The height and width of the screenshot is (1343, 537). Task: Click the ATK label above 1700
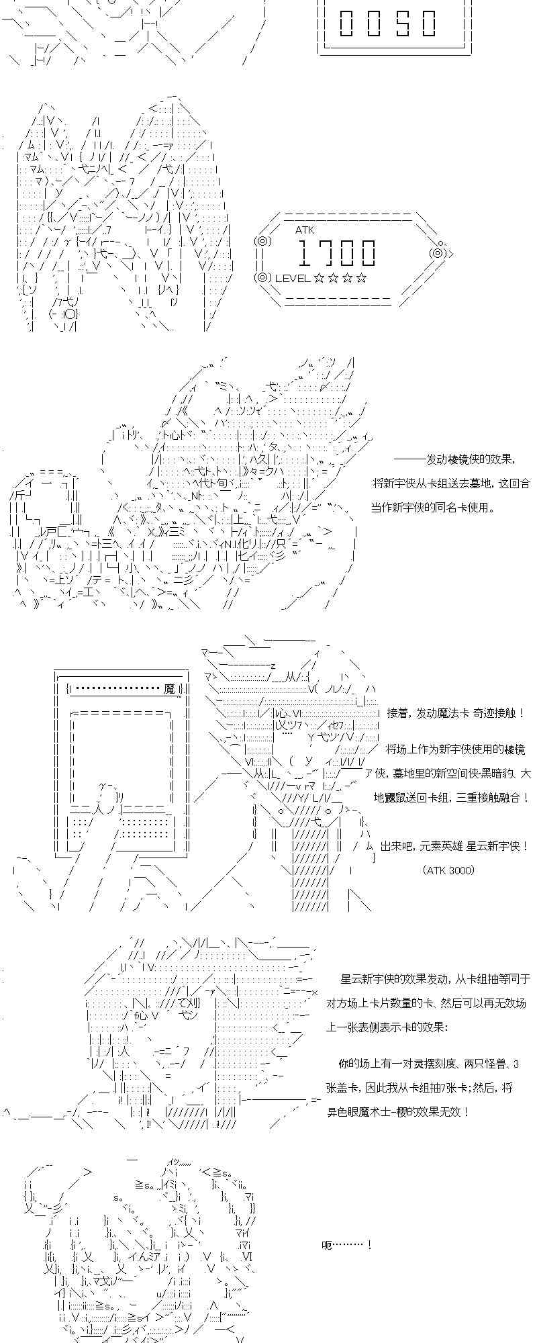point(304,230)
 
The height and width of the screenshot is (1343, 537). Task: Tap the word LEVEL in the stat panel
point(292,278)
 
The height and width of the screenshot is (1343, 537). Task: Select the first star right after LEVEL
point(319,278)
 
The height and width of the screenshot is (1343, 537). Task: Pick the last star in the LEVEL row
point(362,278)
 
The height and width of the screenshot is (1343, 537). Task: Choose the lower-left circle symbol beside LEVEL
point(262,277)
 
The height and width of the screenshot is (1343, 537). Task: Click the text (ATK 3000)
point(449,870)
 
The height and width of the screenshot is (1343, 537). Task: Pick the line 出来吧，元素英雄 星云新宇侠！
point(454,846)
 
